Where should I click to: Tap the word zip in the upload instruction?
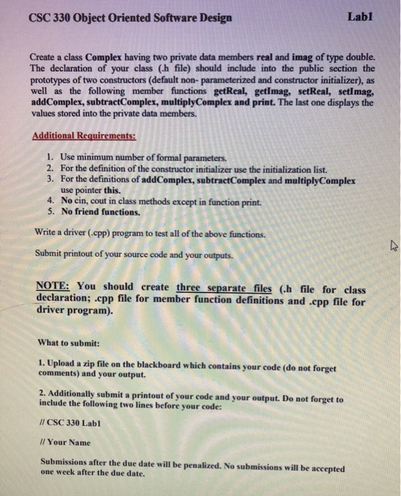[x=92, y=363]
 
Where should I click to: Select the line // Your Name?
[x=65, y=443]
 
